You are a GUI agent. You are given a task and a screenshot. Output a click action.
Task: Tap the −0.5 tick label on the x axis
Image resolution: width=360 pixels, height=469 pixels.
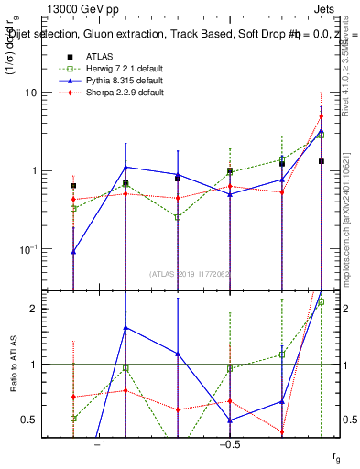pyautogui.click(x=229, y=444)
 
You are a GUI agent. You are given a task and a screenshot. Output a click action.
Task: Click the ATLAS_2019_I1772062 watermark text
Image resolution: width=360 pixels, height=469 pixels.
pyautogui.click(x=190, y=273)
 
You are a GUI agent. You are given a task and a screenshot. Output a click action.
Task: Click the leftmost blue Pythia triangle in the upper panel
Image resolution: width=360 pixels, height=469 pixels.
pyautogui.click(x=73, y=251)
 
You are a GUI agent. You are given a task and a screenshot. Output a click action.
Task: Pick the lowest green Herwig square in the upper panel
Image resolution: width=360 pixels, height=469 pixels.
pyautogui.click(x=178, y=217)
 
